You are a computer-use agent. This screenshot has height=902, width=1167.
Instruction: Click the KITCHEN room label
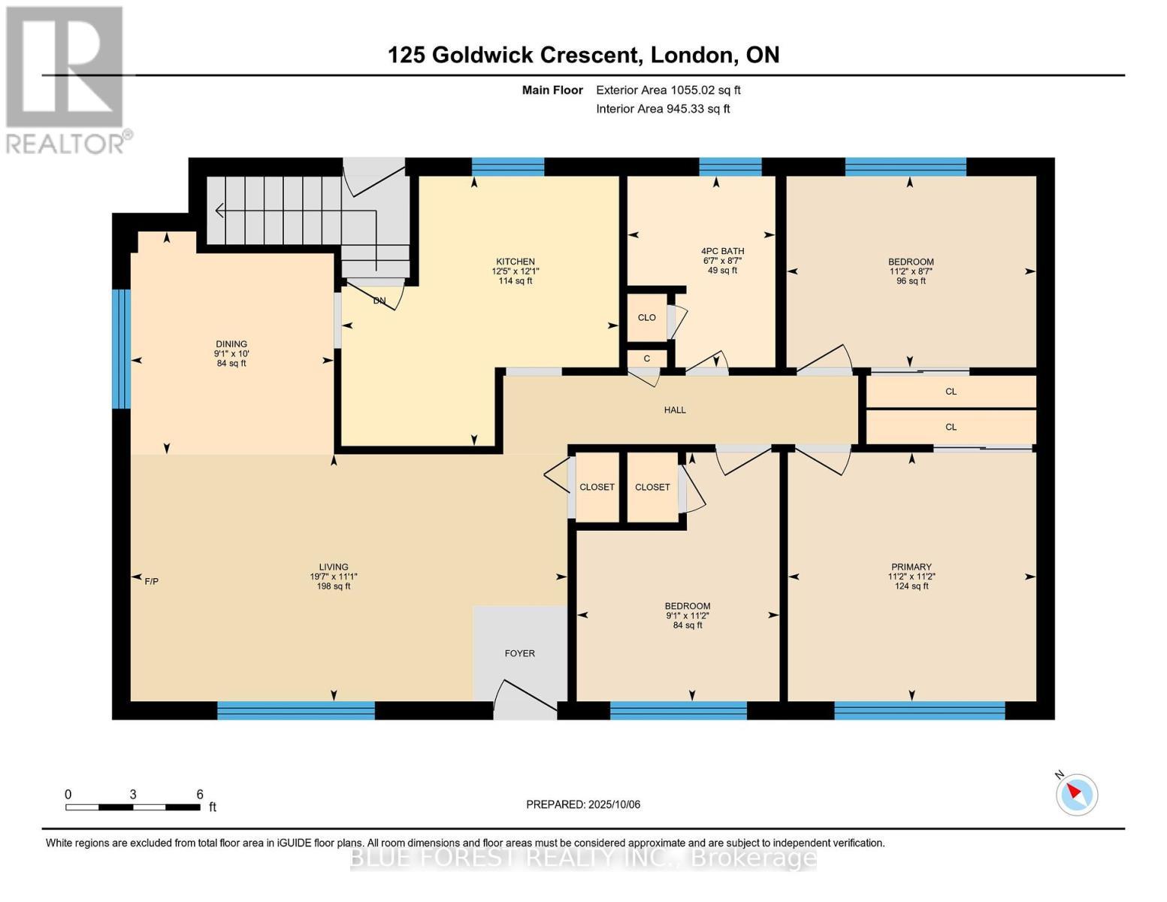(515, 262)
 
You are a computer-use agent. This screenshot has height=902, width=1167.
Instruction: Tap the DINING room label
(231, 344)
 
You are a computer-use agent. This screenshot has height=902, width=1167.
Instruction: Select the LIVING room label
(333, 568)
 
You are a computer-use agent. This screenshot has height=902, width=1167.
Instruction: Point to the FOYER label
(519, 653)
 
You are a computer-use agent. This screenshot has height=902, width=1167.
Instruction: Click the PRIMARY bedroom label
(911, 567)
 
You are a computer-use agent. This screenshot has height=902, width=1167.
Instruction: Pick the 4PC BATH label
(722, 251)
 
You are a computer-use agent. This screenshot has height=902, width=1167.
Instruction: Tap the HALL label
(675, 410)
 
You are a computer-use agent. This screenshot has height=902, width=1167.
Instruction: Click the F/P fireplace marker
(151, 581)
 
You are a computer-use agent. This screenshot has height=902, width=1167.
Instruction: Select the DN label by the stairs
(379, 301)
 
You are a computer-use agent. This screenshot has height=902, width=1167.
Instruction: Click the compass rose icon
(1077, 794)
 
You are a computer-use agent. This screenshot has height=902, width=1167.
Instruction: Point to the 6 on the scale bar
(200, 794)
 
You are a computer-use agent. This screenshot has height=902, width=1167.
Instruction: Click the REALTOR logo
(66, 79)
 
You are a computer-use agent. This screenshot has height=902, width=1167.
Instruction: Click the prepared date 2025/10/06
(612, 804)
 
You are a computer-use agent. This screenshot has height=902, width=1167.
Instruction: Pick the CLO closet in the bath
(646, 317)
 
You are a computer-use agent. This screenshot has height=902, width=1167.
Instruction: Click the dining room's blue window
(122, 349)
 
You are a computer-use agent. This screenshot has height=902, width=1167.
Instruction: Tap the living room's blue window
(295, 710)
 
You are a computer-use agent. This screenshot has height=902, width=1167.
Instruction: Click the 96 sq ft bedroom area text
(911, 281)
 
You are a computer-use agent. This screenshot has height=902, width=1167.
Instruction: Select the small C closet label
(646, 359)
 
